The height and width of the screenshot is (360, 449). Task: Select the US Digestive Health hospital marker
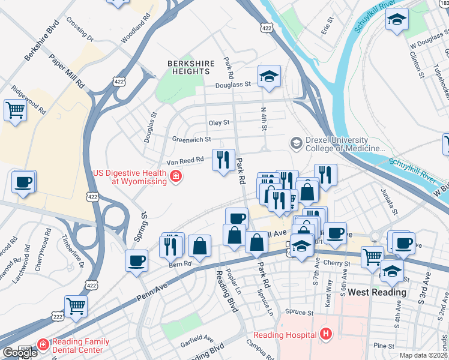pyautogui.click(x=176, y=176)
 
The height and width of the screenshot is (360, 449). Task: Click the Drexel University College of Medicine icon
pyautogui.click(x=296, y=143)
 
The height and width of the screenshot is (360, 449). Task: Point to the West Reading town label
pyautogui.click(x=377, y=293)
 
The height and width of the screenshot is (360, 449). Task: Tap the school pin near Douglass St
pyautogui.click(x=269, y=76)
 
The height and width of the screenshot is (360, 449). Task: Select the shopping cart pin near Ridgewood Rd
pyautogui.click(x=15, y=110)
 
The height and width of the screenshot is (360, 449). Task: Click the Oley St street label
pyautogui.click(x=218, y=123)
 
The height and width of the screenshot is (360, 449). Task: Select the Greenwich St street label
pyautogui.click(x=191, y=139)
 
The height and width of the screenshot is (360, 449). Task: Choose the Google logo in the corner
pyautogui.click(x=20, y=353)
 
